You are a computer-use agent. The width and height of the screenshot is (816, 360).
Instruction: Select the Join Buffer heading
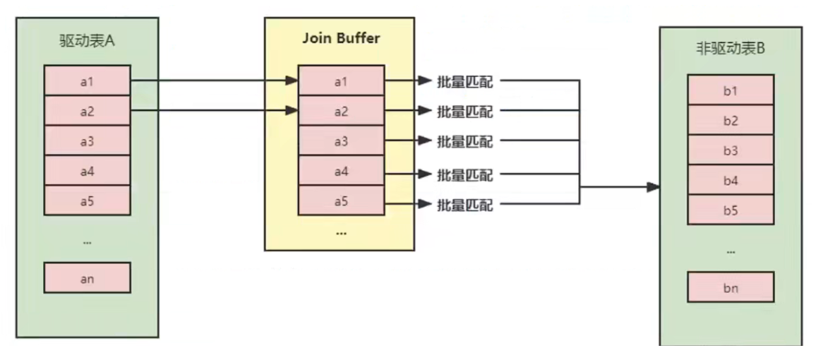pos(341,38)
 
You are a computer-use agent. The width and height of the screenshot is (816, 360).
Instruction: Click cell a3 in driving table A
pos(87,141)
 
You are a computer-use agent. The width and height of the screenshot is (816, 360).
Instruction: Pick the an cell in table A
pos(87,278)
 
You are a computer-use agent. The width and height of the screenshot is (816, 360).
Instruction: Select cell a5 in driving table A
pos(87,201)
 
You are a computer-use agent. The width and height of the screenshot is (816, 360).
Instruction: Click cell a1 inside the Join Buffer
pos(341,81)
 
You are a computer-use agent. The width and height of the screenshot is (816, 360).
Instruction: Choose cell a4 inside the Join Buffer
pos(341,172)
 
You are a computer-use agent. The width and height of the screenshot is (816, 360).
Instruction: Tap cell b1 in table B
pos(731,90)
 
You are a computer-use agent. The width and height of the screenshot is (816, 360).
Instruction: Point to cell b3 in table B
pos(731,150)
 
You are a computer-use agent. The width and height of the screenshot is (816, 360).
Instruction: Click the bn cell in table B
pos(731,289)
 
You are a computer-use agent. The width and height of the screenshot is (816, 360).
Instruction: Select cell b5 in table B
pos(731,210)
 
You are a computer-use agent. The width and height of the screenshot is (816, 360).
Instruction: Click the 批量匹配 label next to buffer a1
pos(464,81)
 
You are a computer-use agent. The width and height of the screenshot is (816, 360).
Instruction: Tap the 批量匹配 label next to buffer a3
pos(464,141)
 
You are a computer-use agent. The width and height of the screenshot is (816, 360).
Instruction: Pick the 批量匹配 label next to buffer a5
pos(464,205)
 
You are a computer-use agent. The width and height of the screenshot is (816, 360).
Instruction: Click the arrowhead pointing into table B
pos(654,187)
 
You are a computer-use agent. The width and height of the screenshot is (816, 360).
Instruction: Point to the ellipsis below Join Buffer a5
pos(341,232)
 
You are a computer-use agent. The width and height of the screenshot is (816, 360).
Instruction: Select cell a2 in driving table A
pos(87,111)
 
